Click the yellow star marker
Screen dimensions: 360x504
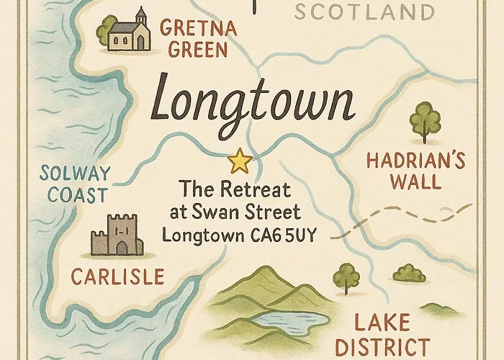click(240, 161)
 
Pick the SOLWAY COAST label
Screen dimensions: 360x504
click(74, 184)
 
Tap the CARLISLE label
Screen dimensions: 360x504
click(117, 276)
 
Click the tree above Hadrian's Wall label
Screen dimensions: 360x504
click(426, 120)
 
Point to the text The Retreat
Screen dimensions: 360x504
click(235, 191)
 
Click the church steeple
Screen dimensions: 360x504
click(141, 14)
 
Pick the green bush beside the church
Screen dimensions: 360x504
click(107, 29)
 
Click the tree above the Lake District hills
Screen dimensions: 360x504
click(347, 276)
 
